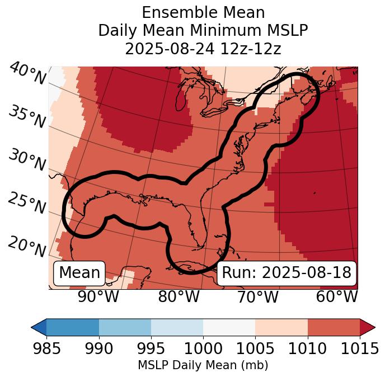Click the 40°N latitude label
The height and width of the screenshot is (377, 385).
point(27,74)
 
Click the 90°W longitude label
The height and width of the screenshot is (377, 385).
point(98,296)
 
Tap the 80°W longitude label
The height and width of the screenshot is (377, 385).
point(179,296)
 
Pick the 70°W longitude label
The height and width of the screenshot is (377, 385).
point(258,296)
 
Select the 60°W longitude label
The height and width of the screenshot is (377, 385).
point(337,296)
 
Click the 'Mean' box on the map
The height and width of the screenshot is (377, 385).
point(79,273)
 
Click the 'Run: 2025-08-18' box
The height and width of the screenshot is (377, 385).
point(287,273)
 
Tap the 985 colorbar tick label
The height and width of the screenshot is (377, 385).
point(46,348)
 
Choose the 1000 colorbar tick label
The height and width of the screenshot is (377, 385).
point(203,348)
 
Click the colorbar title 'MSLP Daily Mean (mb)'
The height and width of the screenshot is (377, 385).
point(203,365)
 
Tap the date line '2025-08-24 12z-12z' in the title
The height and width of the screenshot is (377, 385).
point(203,49)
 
